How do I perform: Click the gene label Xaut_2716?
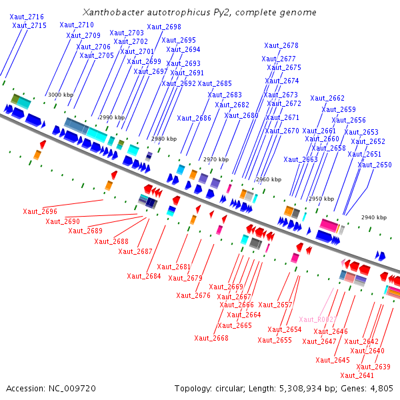click(27, 17)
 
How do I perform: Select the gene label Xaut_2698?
click(164, 27)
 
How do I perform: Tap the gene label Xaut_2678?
click(281, 46)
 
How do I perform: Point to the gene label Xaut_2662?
click(327, 99)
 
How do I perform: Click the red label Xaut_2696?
click(40, 211)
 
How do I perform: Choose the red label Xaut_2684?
click(144, 276)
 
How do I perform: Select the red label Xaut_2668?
click(211, 338)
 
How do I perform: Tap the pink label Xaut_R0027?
click(318, 320)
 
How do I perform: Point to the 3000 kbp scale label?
click(60, 95)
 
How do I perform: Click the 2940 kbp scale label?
click(374, 217)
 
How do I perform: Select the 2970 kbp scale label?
click(215, 159)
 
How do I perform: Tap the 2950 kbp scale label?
click(321, 199)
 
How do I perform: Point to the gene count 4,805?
click(382, 388)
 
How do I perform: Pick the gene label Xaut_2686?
click(194, 118)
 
